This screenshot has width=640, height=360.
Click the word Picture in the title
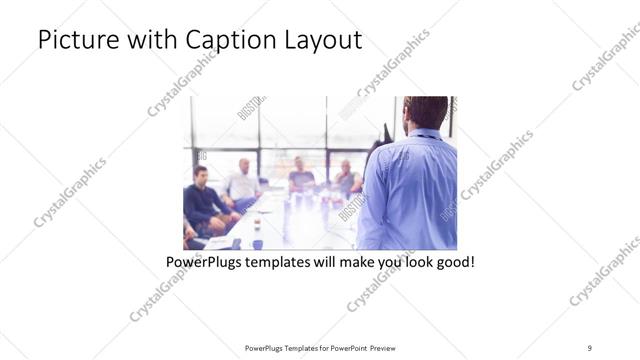(x=76, y=41)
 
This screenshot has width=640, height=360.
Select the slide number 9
(x=590, y=347)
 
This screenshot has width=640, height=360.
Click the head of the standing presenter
(x=427, y=112)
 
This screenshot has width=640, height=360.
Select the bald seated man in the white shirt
(x=243, y=180)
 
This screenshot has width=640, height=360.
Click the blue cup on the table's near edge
(x=257, y=243)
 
